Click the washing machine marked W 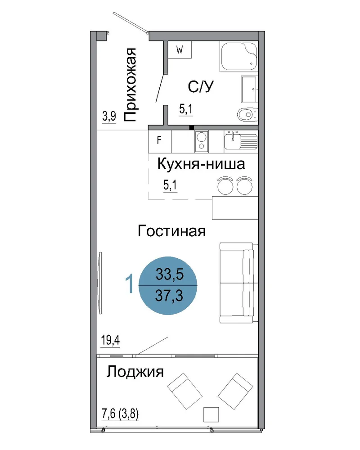180,49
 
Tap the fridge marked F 160,141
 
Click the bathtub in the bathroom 239,56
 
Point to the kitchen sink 241,140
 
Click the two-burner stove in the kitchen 202,141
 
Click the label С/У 201,86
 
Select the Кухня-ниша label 201,164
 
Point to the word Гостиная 171,231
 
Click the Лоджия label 135,372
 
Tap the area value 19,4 110,340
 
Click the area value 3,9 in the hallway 109,117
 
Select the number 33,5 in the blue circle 169,274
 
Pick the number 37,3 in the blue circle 169,296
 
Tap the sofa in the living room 239,283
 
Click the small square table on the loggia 211,414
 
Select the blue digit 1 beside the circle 130,283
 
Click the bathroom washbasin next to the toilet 249,89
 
